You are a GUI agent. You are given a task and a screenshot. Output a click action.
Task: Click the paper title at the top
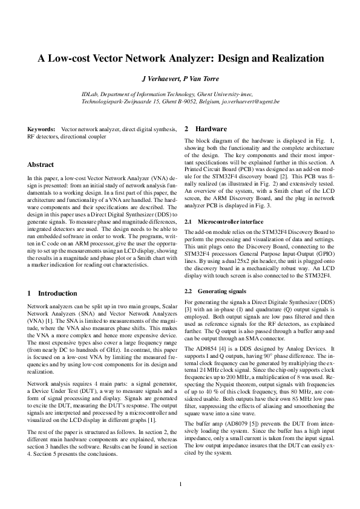(180, 59)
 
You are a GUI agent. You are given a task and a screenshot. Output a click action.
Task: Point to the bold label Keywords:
(41, 130)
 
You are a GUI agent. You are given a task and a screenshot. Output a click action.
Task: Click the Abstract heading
(41, 164)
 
